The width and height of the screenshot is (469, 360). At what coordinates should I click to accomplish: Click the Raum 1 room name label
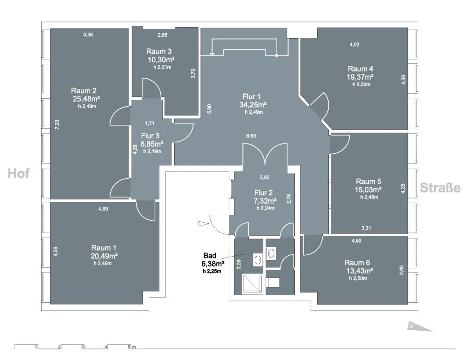click(104, 248)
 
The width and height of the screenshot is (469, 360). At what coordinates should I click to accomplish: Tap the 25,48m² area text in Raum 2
click(86, 99)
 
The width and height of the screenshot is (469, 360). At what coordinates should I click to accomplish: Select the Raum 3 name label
click(159, 52)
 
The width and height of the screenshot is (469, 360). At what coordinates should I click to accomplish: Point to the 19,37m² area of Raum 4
click(360, 77)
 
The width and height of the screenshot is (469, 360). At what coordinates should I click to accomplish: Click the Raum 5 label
click(368, 181)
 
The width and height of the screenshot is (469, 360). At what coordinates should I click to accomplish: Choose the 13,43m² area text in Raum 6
click(359, 271)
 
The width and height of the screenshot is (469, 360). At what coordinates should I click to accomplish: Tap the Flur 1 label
click(252, 96)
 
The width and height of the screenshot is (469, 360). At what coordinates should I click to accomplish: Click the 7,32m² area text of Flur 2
click(265, 201)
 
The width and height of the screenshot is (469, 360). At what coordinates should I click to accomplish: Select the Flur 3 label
click(150, 136)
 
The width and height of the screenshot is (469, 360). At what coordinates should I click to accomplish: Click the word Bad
click(210, 255)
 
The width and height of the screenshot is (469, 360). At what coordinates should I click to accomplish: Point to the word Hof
click(19, 174)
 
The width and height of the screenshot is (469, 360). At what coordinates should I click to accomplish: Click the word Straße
click(440, 188)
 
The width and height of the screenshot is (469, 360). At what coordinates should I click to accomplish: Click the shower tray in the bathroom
click(252, 284)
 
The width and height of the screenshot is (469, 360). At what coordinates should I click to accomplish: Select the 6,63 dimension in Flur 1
click(251, 136)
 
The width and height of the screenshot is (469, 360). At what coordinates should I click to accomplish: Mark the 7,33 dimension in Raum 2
click(57, 124)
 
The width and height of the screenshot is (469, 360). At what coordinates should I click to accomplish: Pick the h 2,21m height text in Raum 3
click(162, 67)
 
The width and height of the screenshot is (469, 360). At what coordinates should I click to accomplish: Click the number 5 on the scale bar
click(129, 347)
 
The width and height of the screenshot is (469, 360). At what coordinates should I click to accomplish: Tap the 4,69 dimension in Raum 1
click(103, 209)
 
